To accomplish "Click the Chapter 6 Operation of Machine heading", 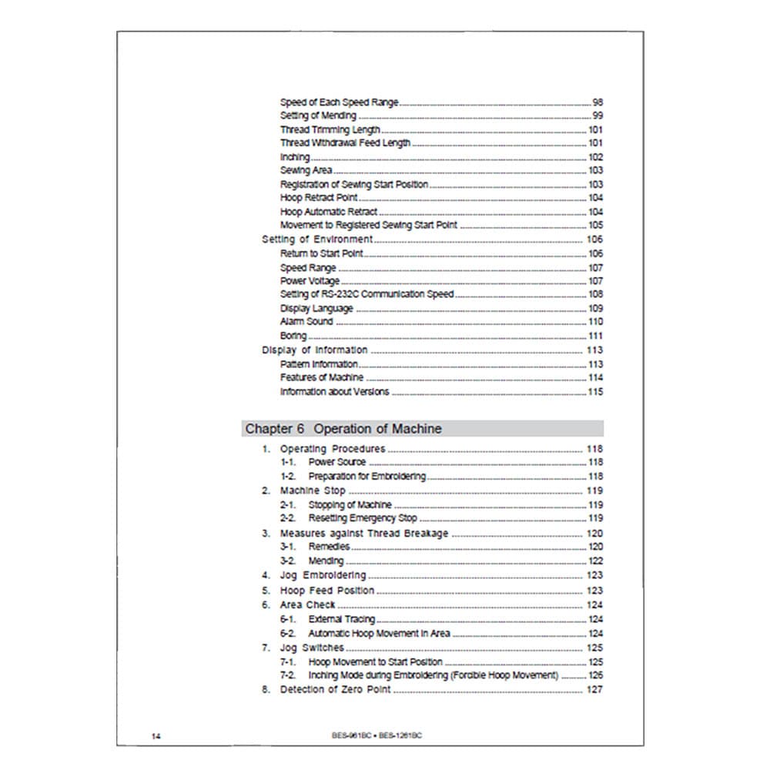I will pyautogui.click(x=343, y=429).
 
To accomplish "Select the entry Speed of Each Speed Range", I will pyautogui.click(x=339, y=102).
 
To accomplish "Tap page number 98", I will pyautogui.click(x=598, y=102).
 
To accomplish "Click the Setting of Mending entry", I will pyautogui.click(x=318, y=116).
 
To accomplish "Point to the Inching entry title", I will pyautogui.click(x=295, y=157).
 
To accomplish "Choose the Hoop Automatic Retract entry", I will pyautogui.click(x=329, y=212).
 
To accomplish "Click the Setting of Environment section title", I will pyautogui.click(x=317, y=239).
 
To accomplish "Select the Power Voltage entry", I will pyautogui.click(x=310, y=281).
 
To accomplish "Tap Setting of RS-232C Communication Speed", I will pyautogui.click(x=367, y=294).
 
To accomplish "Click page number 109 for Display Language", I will pyautogui.click(x=595, y=308).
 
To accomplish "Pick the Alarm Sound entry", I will pyautogui.click(x=306, y=322).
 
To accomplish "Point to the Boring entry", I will pyautogui.click(x=293, y=336).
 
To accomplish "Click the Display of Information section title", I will pyautogui.click(x=315, y=350).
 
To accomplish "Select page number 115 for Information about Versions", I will pyautogui.click(x=595, y=392).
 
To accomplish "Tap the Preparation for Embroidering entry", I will pyautogui.click(x=367, y=477).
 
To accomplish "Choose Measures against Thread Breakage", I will pyautogui.click(x=363, y=533).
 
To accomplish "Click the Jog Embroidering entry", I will pyautogui.click(x=323, y=575).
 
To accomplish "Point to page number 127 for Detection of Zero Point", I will pyautogui.click(x=595, y=689).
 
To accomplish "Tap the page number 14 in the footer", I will pyautogui.click(x=156, y=735).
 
